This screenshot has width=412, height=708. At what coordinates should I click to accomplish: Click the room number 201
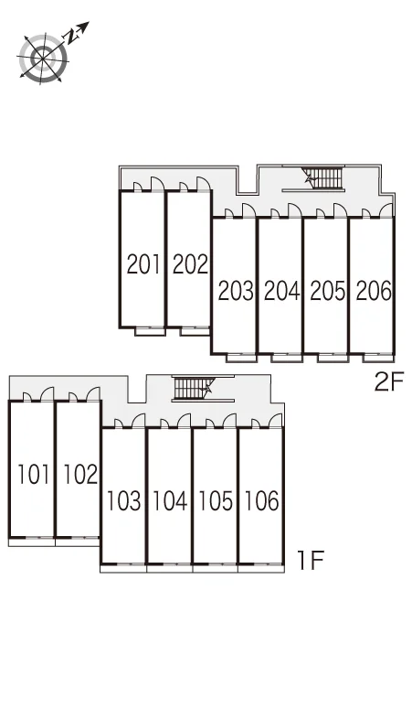point(143,264)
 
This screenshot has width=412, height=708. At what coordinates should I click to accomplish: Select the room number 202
point(190,264)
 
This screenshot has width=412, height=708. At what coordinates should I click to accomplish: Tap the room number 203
point(236,291)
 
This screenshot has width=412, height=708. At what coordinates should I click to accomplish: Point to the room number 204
point(281,291)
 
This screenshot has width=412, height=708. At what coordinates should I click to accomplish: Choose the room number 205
point(328,291)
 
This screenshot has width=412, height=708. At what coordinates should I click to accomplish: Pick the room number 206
point(374,291)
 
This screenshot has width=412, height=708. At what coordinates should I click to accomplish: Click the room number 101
point(34,475)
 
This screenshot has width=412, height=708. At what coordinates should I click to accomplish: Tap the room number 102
point(80,475)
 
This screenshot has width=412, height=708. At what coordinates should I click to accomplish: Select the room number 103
point(123,501)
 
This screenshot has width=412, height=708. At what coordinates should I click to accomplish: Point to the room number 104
point(170,501)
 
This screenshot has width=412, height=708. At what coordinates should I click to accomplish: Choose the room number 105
point(216,501)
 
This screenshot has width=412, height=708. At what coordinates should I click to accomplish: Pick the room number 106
point(262,501)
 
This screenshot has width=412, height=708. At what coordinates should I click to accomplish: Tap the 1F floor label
point(311,561)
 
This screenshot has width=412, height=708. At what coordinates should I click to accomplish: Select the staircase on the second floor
point(323,177)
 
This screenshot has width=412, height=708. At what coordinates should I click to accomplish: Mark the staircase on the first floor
point(193,389)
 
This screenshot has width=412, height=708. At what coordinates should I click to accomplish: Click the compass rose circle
point(43,59)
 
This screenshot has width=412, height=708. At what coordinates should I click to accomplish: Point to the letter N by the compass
point(71,37)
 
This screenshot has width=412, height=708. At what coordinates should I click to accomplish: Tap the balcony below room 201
point(150,331)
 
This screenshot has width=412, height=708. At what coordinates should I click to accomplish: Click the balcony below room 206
point(378,358)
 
